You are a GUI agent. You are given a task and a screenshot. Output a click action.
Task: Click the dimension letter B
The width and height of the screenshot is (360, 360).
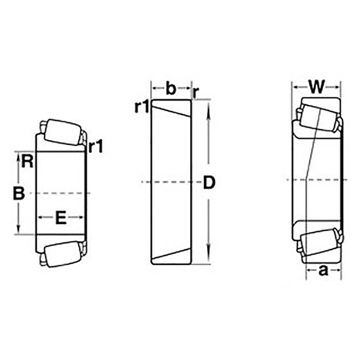click(19, 193)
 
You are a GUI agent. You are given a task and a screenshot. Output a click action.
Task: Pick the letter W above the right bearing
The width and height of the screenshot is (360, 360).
click(317, 86)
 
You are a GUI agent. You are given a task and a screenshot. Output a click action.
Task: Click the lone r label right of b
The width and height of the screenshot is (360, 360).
click(195, 93)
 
